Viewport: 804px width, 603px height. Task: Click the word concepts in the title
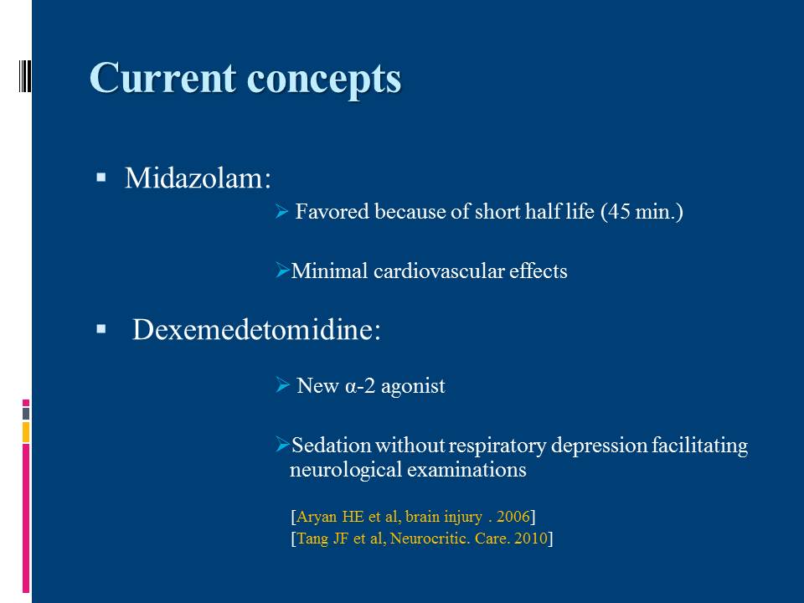pos(324,80)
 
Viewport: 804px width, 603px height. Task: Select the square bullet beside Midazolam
pos(101,178)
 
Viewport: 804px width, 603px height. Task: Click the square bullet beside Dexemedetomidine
pos(101,328)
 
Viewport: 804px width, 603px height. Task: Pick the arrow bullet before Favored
pos(282,211)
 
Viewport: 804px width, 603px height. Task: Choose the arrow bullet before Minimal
pos(282,270)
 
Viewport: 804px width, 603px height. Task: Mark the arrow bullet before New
pos(282,384)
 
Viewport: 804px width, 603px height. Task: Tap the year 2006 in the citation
pos(513,517)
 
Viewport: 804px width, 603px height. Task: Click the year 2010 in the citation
pos(531,539)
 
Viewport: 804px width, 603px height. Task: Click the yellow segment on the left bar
pos(26,432)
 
